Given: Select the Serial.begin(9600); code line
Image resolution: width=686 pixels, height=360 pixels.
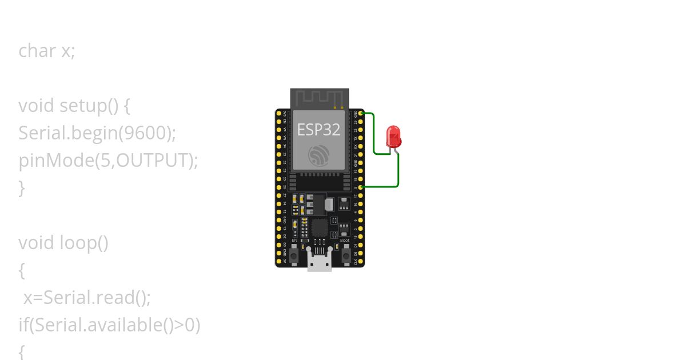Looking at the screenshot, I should pos(97,133).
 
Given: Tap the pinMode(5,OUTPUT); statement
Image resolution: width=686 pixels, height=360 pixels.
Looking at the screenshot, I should pos(108,161).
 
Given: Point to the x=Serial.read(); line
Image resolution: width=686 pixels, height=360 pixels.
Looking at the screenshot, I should pos(87,298).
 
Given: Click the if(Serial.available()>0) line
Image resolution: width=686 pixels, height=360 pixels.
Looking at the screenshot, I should pos(109,325).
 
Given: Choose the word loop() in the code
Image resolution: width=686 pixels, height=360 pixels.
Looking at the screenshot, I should pos(84,243).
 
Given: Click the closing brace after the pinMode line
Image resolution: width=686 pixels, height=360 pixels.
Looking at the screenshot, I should pos(22,187).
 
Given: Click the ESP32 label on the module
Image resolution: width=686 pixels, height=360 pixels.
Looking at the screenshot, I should pos(318,130).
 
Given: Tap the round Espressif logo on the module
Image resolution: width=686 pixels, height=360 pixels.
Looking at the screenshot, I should pos(318,155).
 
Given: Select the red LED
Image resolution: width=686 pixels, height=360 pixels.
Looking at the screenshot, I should pos(393,136).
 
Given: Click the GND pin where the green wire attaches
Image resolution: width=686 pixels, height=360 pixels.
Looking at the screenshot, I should pos(360,114).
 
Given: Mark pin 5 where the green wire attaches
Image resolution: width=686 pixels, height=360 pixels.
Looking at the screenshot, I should pos(360,187).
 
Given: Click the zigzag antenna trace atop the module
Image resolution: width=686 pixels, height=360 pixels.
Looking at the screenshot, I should pos(319,98).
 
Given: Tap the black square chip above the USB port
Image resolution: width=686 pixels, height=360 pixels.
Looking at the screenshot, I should pos(319,229).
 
